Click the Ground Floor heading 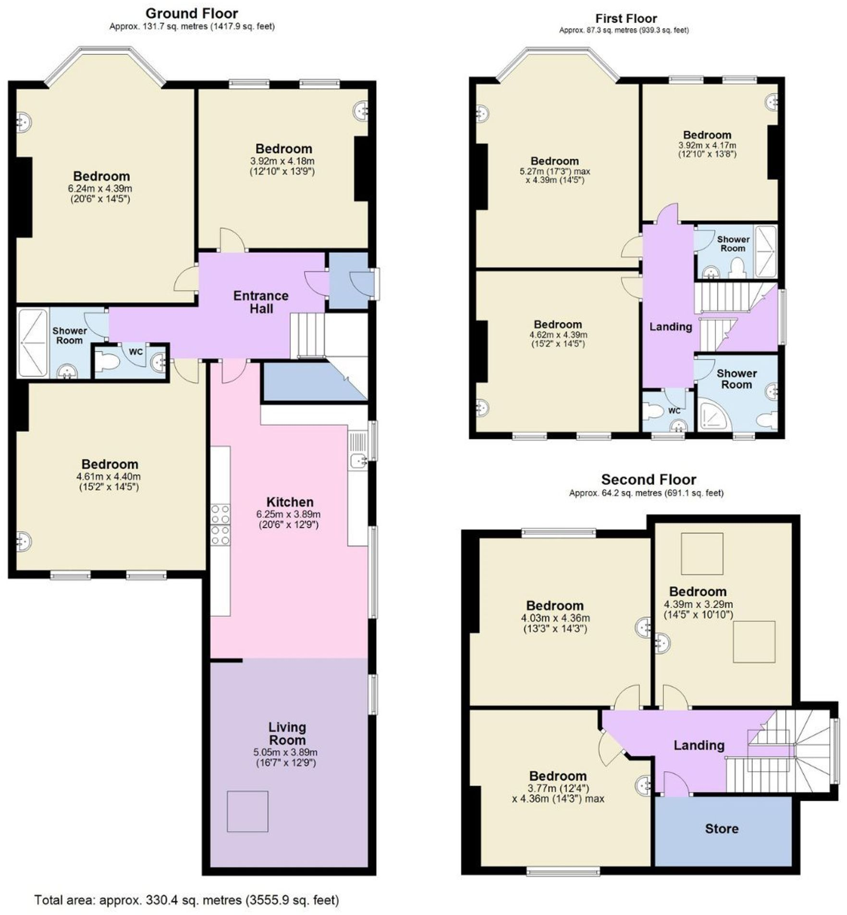pos(192,13)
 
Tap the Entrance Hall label pos(261,302)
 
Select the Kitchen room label pos(290,502)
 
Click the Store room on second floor pos(722,829)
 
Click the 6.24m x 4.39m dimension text pos(100,189)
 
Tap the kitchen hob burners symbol pos(220,525)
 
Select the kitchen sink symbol pos(357,461)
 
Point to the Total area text pos(186,900)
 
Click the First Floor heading pos(626,19)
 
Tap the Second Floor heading pos(649,479)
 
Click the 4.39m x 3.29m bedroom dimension pos(698,605)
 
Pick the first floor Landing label pos(671,327)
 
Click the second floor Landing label pos(699,745)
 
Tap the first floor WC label pos(675,411)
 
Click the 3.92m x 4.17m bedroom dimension pos(707,145)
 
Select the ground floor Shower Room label pos(70,335)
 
